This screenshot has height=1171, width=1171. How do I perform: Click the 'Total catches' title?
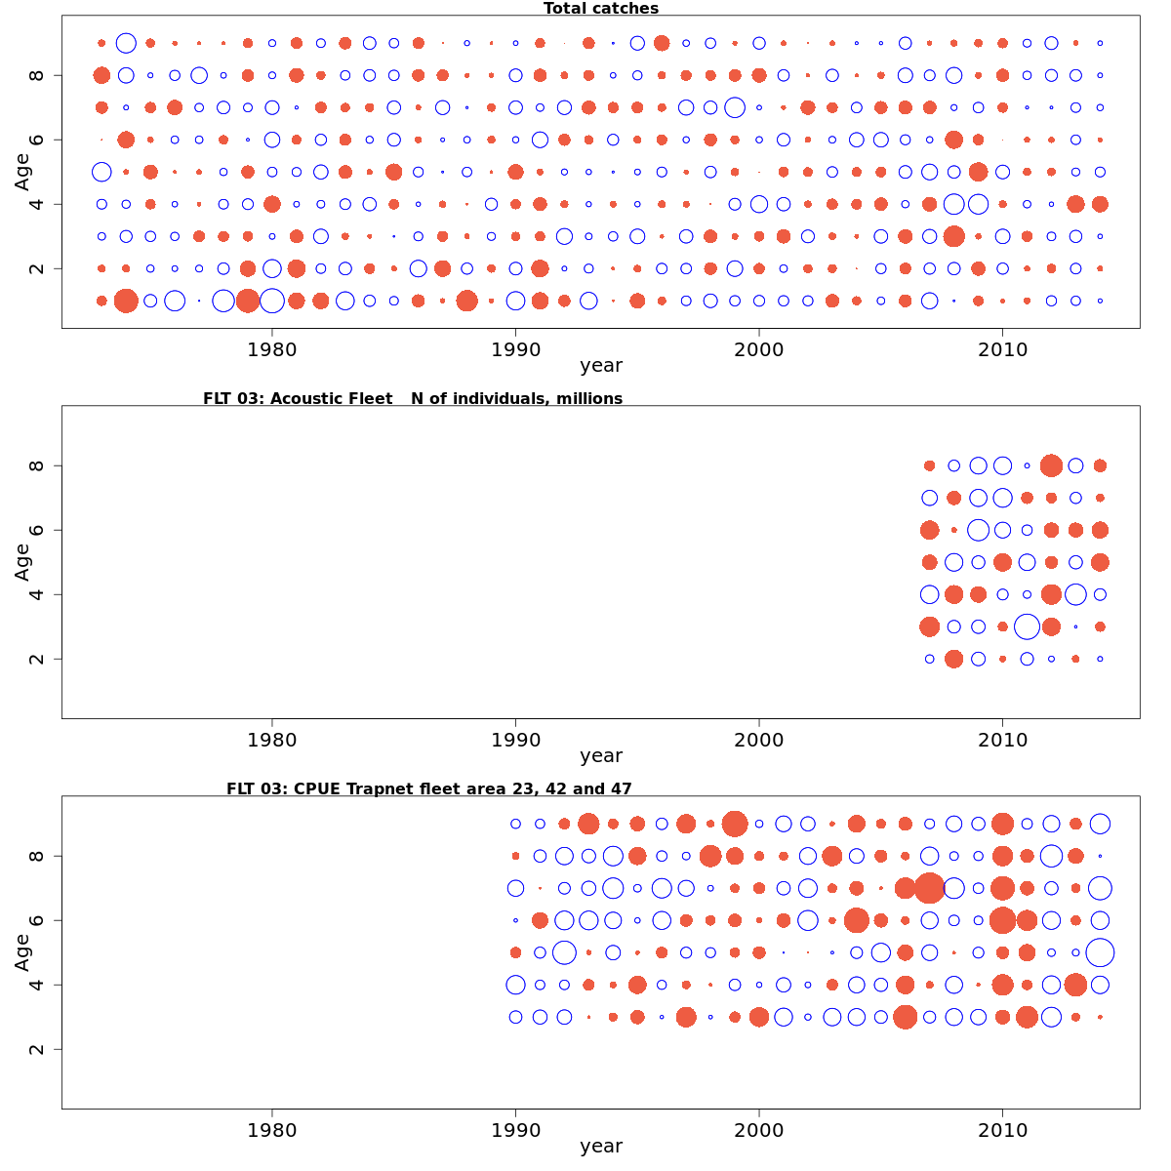point(600,9)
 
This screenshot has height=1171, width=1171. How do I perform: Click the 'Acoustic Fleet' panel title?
point(412,398)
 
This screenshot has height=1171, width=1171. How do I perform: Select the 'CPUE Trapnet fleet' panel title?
point(428,788)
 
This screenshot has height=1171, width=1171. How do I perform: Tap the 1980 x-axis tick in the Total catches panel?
point(272,349)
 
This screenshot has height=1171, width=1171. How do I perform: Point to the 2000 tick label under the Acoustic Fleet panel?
point(759,740)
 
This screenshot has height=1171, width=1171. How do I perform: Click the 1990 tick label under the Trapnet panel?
point(515,1130)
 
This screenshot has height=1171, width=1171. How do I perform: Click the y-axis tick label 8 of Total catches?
point(36,75)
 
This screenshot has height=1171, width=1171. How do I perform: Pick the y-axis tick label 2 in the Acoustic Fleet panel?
point(36,659)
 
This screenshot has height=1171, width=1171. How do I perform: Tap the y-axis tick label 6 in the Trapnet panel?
point(36,920)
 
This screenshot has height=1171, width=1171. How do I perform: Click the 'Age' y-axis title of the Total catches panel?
point(22,172)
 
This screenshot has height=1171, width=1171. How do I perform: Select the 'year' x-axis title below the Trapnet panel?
point(600,1147)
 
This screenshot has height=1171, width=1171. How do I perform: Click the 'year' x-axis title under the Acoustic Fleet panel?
point(600,756)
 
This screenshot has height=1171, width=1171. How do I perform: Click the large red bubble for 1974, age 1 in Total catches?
point(126,301)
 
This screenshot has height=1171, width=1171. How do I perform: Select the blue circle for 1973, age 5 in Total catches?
point(101,172)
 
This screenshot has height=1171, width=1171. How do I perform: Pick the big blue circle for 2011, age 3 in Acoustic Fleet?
point(1027,626)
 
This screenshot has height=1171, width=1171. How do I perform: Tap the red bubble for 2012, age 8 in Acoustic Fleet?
point(1051,465)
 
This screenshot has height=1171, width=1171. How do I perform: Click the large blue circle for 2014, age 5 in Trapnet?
point(1100,952)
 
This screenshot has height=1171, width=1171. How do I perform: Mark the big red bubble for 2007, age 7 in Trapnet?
point(929,888)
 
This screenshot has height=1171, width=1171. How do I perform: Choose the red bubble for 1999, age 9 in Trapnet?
point(735,824)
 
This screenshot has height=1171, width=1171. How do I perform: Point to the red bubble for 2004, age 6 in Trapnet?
point(857,920)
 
